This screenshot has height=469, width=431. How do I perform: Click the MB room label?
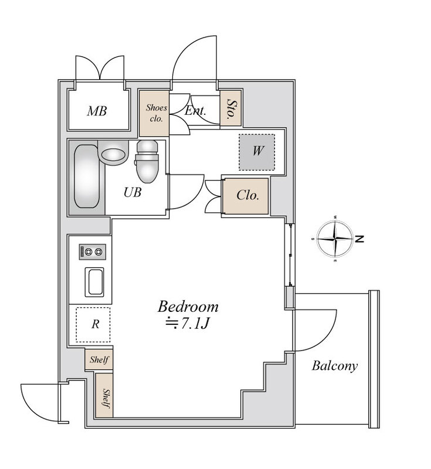(x=97, y=111)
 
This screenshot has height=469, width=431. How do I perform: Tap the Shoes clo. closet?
(x=154, y=113)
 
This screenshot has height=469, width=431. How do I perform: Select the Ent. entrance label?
(x=195, y=111)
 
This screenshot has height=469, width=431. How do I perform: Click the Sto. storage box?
(x=230, y=108)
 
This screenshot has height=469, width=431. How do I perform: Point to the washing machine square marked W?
(x=257, y=152)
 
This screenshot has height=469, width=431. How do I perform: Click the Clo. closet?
(x=246, y=196)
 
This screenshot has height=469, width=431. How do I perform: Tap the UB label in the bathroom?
(x=132, y=192)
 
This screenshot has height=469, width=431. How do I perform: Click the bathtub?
(x=87, y=176)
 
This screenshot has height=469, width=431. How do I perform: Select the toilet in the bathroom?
(x=147, y=162)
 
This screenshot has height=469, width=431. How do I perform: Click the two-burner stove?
(x=93, y=252)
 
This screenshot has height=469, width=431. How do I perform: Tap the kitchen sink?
(x=94, y=282)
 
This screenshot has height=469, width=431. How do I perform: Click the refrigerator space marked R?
(x=93, y=325)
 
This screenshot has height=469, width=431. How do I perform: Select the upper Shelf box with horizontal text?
(x=99, y=359)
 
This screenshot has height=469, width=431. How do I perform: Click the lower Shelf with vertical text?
(x=104, y=395)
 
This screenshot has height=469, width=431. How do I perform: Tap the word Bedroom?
(x=188, y=307)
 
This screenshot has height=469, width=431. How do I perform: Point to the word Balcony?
(x=335, y=366)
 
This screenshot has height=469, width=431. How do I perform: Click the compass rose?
(x=335, y=239)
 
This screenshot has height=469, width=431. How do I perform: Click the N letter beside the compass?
(x=360, y=239)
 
